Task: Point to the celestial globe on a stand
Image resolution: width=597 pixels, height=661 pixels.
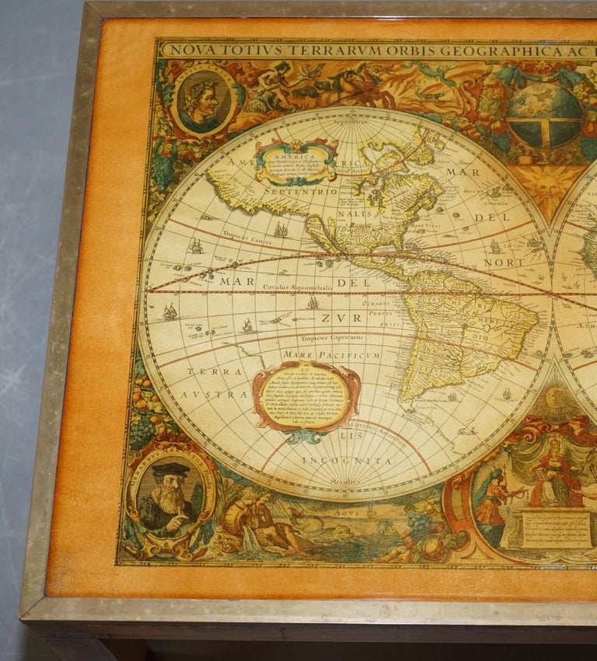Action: [545, 116]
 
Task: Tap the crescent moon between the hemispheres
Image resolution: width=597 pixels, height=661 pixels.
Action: [557, 397]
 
